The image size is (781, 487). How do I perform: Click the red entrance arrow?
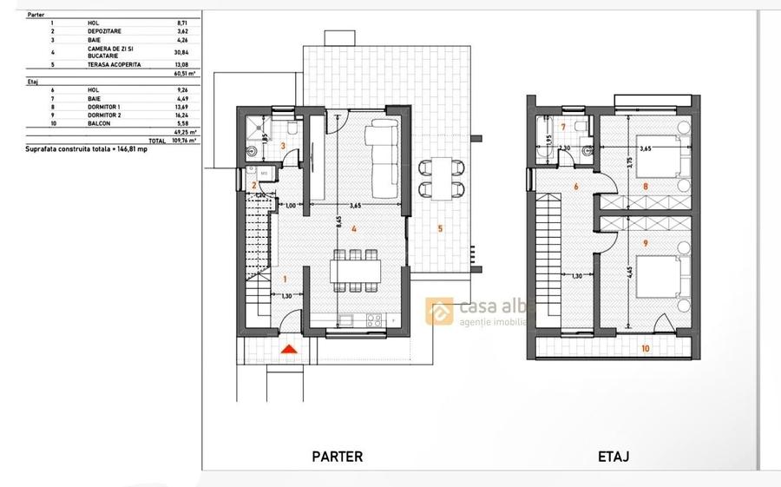click(291, 349)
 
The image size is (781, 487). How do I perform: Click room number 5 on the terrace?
click(440, 229)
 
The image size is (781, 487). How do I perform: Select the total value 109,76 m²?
click(184, 140)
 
